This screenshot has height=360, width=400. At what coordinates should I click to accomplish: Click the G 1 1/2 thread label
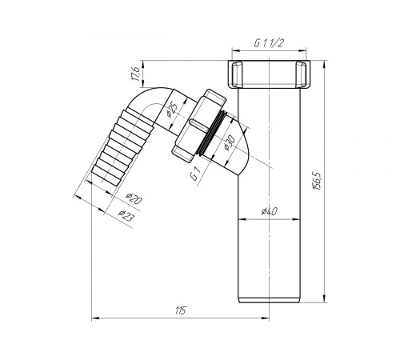coord(268,43)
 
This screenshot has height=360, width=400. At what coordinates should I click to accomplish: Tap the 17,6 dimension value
coord(135,74)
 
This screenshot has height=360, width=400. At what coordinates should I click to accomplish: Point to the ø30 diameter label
coord(229,143)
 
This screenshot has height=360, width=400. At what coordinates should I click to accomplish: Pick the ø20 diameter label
coord(134,198)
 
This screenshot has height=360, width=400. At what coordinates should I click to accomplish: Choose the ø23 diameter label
coord(126,215)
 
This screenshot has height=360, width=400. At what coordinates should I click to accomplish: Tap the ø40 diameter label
coord(270,211)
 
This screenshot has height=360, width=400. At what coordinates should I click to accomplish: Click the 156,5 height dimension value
coord(318,182)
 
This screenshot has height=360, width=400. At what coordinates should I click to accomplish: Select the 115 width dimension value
coord(181,310)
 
